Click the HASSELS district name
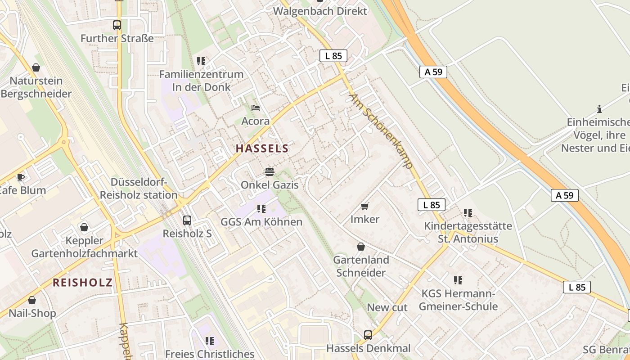coord(262,148)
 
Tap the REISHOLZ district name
coord(82,283)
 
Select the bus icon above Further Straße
coord(117,25)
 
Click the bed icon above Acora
coord(256,108)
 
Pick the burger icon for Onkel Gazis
coord(270,172)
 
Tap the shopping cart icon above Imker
coord(365,207)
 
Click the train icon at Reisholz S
coord(187,220)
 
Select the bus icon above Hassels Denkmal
coord(368,335)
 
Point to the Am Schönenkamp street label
coord(381,131)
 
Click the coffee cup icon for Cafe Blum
coord(21,177)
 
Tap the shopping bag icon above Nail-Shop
coord(32,300)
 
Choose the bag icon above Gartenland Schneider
coord(361,247)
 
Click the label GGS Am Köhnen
coord(261,222)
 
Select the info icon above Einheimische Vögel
coord(599,109)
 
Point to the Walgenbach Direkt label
coord(320,11)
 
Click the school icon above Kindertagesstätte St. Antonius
coord(468,213)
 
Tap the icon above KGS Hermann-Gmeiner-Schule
coord(458,281)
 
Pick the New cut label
coord(387,308)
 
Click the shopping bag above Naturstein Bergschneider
coord(36,68)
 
